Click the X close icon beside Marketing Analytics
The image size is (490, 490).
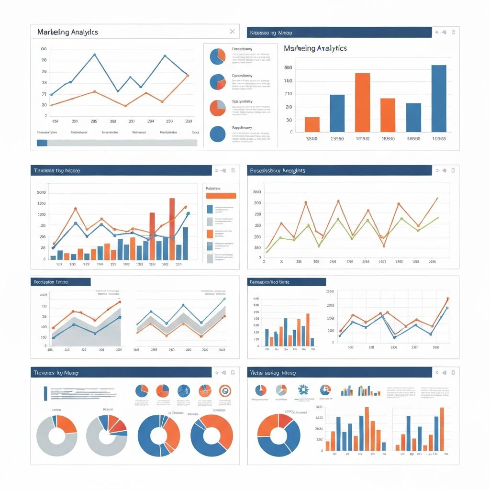(232, 32)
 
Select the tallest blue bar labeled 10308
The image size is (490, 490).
(438, 98)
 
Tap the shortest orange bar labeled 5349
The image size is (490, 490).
(312, 124)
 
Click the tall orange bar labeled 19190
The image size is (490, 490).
(362, 102)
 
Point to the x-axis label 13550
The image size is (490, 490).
(337, 139)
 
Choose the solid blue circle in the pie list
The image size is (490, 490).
(217, 134)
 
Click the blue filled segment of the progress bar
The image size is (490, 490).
(42, 143)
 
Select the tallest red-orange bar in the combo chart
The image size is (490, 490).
(172, 229)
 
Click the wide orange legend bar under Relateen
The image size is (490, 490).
(221, 196)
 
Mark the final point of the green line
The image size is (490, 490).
(438, 217)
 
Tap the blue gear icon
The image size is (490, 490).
(303, 390)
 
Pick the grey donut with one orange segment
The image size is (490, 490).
(57, 435)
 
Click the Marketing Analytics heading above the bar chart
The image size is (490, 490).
(315, 48)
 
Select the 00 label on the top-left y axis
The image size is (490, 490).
(44, 49)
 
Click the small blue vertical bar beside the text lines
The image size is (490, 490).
(45, 393)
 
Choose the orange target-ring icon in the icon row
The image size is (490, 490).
(225, 390)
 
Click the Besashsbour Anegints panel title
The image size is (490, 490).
(277, 170)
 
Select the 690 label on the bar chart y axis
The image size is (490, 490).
(288, 68)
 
